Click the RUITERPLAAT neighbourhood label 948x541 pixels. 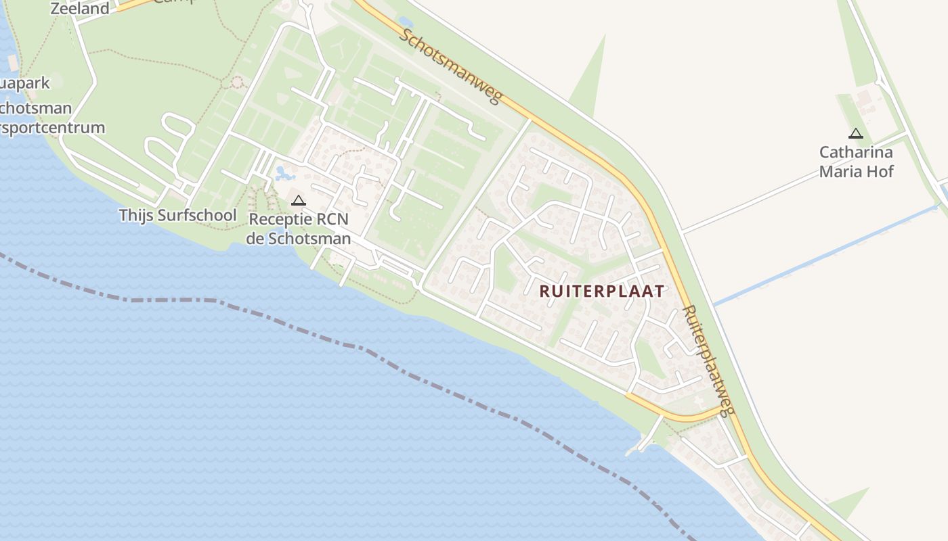[602, 291]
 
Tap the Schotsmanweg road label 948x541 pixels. [450, 66]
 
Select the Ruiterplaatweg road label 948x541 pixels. [708, 361]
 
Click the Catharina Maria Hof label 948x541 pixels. [856, 162]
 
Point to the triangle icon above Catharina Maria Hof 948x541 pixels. [855, 134]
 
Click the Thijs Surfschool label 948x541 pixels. [178, 216]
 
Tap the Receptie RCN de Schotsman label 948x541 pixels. [299, 229]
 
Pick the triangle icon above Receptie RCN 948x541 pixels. [298, 200]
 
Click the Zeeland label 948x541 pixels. [80, 9]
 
